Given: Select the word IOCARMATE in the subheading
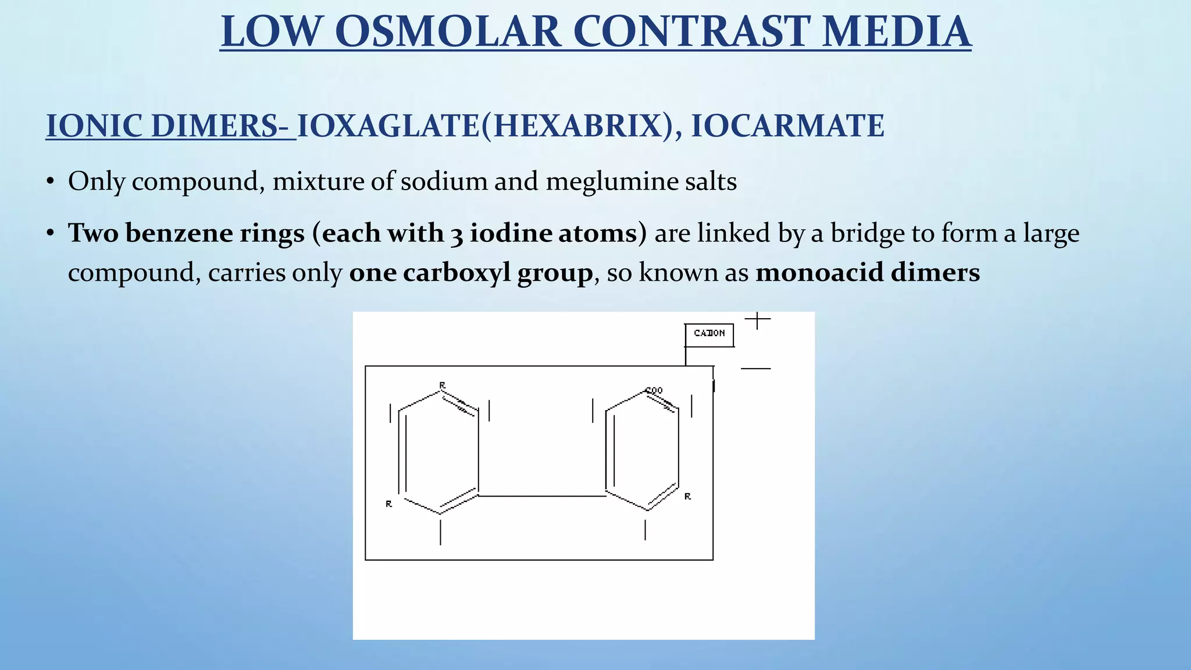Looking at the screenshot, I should click(x=787, y=126).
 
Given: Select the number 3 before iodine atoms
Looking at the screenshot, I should click(x=456, y=234).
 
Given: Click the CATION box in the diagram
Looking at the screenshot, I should click(x=709, y=334).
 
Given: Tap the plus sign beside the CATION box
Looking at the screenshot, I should click(x=757, y=319).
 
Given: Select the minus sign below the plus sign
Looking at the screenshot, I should click(x=755, y=369).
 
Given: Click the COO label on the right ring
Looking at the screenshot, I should click(x=654, y=390).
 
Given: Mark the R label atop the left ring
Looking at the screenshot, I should click(x=443, y=385).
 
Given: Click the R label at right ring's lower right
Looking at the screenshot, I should click(x=687, y=496).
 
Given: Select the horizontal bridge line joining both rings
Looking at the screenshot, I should click(x=541, y=496).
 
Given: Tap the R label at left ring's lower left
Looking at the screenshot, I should click(x=389, y=504).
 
